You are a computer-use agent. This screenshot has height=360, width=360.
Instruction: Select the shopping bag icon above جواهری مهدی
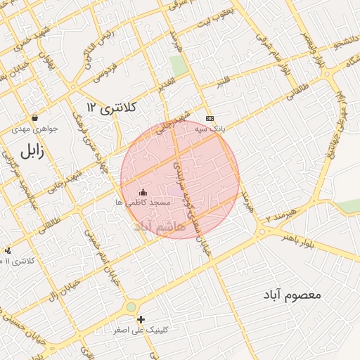34,117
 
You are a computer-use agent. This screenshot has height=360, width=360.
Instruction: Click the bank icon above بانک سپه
209,117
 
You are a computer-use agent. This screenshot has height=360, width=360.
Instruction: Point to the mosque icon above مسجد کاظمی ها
143,191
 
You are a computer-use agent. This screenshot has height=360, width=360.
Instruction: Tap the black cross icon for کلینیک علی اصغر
141,319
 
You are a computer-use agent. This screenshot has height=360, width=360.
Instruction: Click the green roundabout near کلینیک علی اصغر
131,307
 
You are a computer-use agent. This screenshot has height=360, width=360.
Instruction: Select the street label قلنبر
223,82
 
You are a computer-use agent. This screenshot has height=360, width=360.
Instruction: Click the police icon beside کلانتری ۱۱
7,250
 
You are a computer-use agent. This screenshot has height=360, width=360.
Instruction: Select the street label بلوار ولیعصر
307,50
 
